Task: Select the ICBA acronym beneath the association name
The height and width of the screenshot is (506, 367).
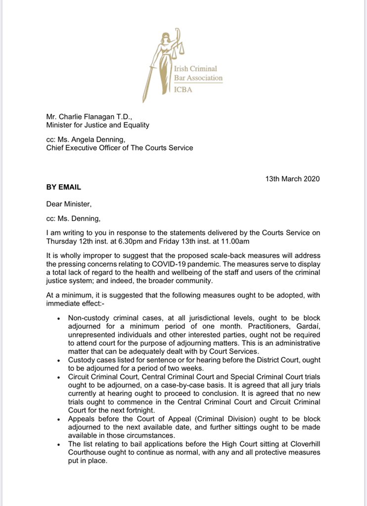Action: coord(197,90)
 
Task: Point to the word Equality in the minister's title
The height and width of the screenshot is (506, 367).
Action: coord(134,126)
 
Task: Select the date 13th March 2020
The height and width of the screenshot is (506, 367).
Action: coord(292,178)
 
